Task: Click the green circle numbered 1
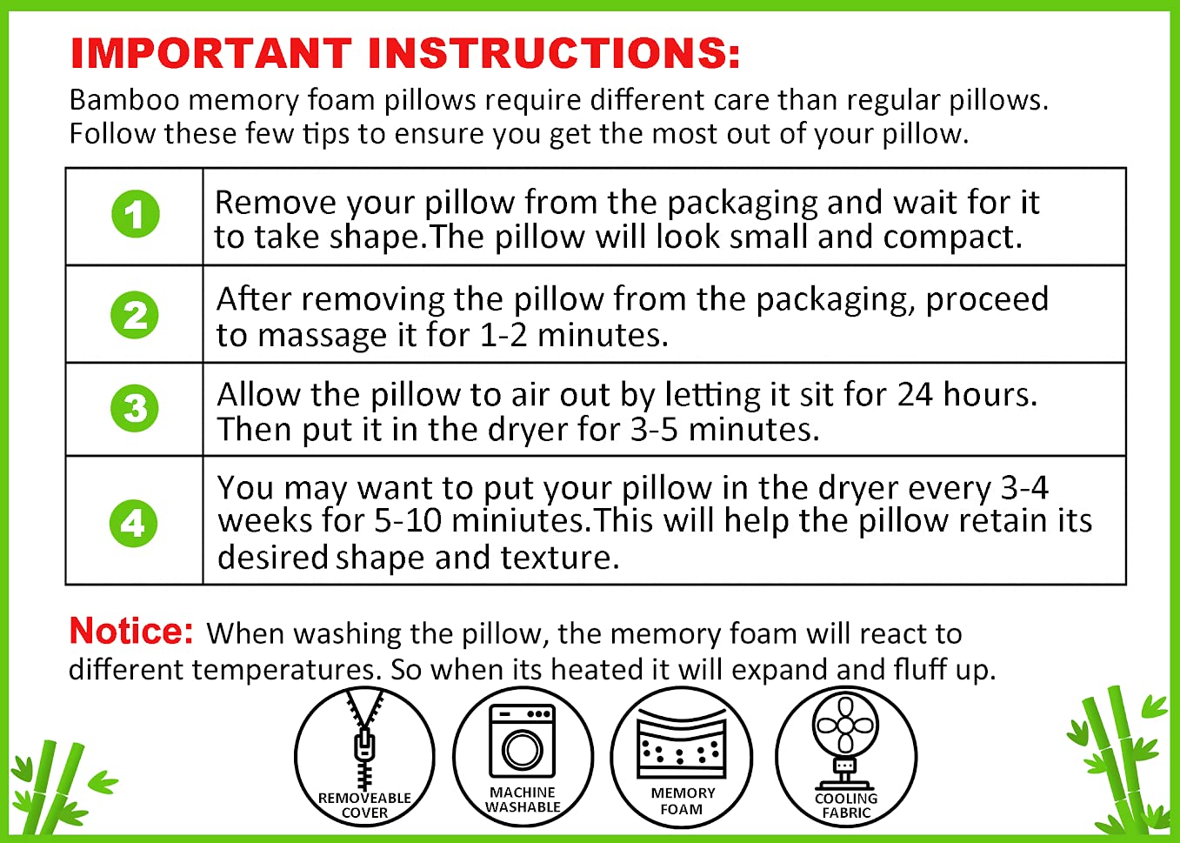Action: pos(136,214)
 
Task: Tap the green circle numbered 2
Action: pos(135,315)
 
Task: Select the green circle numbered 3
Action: pos(135,408)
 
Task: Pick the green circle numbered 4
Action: pos(133,523)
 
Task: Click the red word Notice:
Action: pos(131,631)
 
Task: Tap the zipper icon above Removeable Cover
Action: pos(364,739)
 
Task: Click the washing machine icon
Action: pos(523,741)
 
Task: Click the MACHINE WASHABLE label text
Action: pos(523,800)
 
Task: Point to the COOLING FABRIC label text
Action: pos(846,806)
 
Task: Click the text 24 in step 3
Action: pos(915,395)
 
